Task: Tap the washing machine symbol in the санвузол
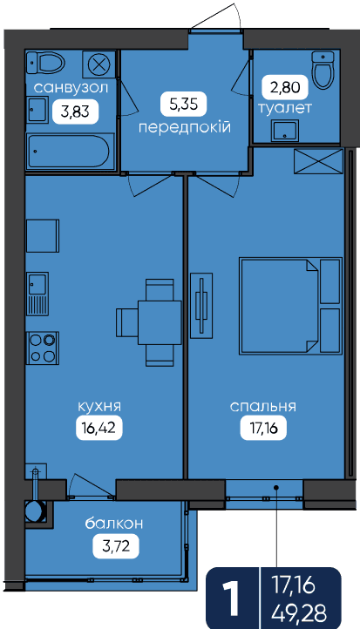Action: click(99, 64)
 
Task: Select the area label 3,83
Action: click(75, 112)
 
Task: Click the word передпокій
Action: click(185, 128)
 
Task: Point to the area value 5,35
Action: click(184, 104)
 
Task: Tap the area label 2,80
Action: click(285, 87)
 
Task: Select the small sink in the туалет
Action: click(285, 131)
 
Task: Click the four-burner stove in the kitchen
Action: click(43, 348)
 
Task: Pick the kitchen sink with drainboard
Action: click(37, 294)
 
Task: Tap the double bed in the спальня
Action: click(290, 306)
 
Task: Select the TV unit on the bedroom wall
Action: click(201, 304)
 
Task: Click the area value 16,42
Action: click(98, 428)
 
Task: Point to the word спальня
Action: click(263, 406)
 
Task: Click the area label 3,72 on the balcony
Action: click(116, 546)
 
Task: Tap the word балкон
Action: click(114, 524)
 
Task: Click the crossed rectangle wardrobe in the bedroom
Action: click(319, 162)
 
